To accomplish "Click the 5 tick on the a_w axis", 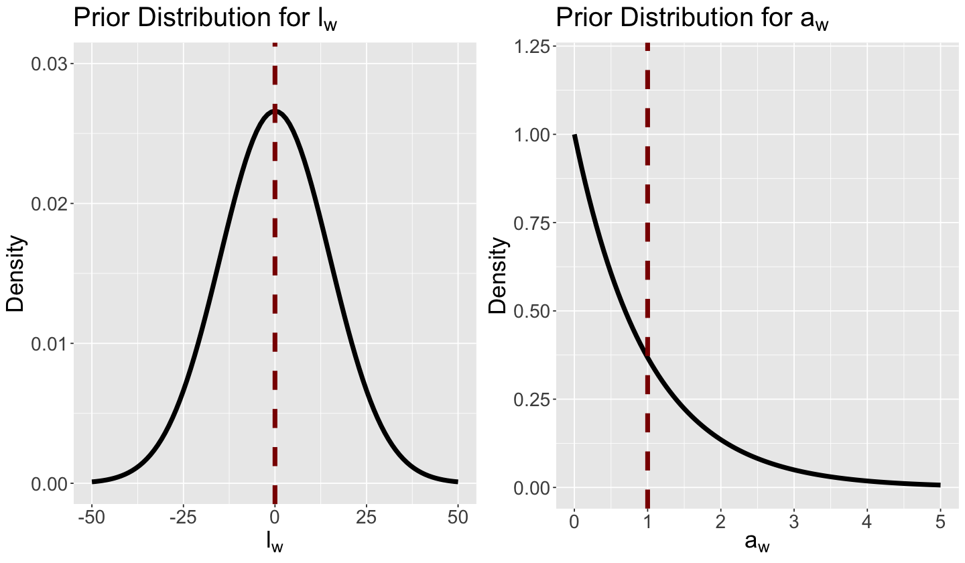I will coord(940,520).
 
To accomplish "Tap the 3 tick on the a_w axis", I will coord(793,520).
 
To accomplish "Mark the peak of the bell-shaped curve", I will coord(275,111).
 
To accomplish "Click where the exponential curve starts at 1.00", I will coord(574,135).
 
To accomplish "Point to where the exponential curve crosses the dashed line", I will coord(647,357).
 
